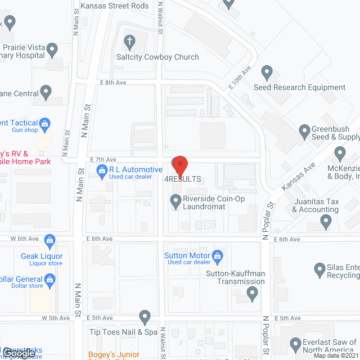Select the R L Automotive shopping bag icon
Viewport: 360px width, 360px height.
pyautogui.click(x=102, y=170)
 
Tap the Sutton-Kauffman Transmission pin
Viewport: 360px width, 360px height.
pyautogui.click(x=253, y=292)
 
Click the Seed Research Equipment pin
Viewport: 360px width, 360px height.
pyautogui.click(x=267, y=73)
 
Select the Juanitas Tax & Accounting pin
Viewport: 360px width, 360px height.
pyautogui.click(x=326, y=223)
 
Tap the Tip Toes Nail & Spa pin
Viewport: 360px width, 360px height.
pyautogui.click(x=145, y=317)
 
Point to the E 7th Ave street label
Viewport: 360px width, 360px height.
pyautogui.click(x=102, y=159)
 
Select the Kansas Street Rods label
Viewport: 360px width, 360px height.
pyautogui.click(x=114, y=6)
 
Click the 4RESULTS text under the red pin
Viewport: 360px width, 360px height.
pyautogui.click(x=183, y=179)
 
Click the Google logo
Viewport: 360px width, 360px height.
pyautogui.click(x=17, y=354)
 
